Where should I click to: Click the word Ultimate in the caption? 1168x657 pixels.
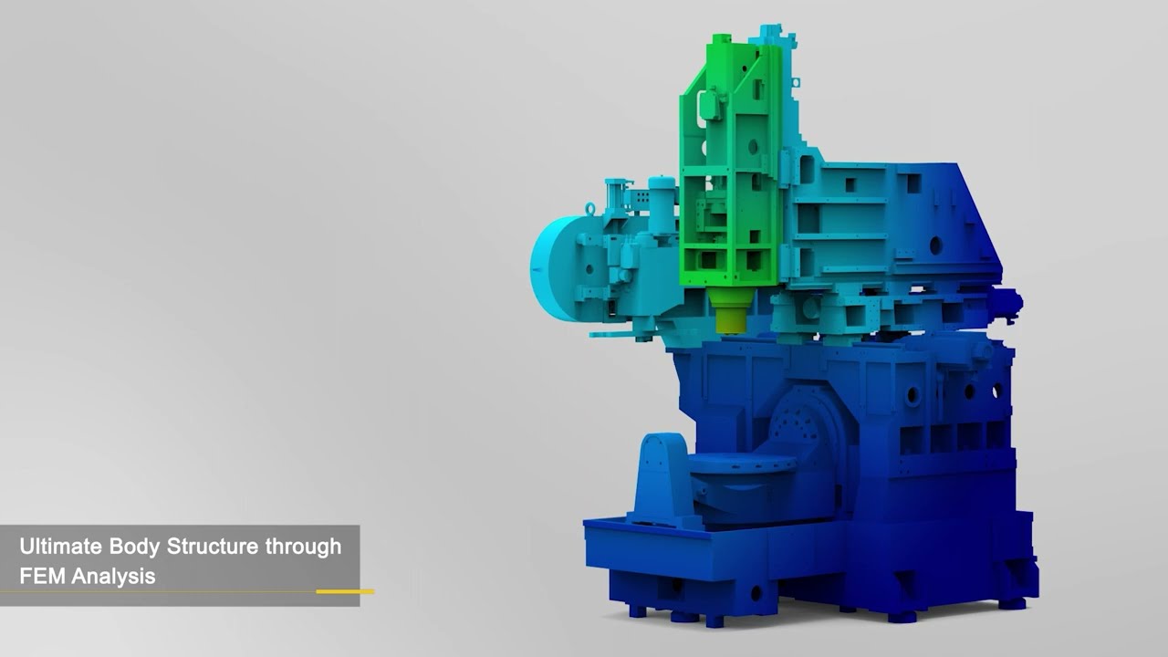(60, 546)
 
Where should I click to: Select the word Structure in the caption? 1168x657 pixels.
(213, 546)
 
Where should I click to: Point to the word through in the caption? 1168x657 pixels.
(303, 547)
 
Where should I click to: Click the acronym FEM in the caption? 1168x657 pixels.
(42, 576)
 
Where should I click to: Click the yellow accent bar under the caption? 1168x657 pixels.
(345, 591)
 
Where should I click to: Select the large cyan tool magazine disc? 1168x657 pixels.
(554, 268)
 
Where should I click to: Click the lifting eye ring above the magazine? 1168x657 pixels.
(589, 208)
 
